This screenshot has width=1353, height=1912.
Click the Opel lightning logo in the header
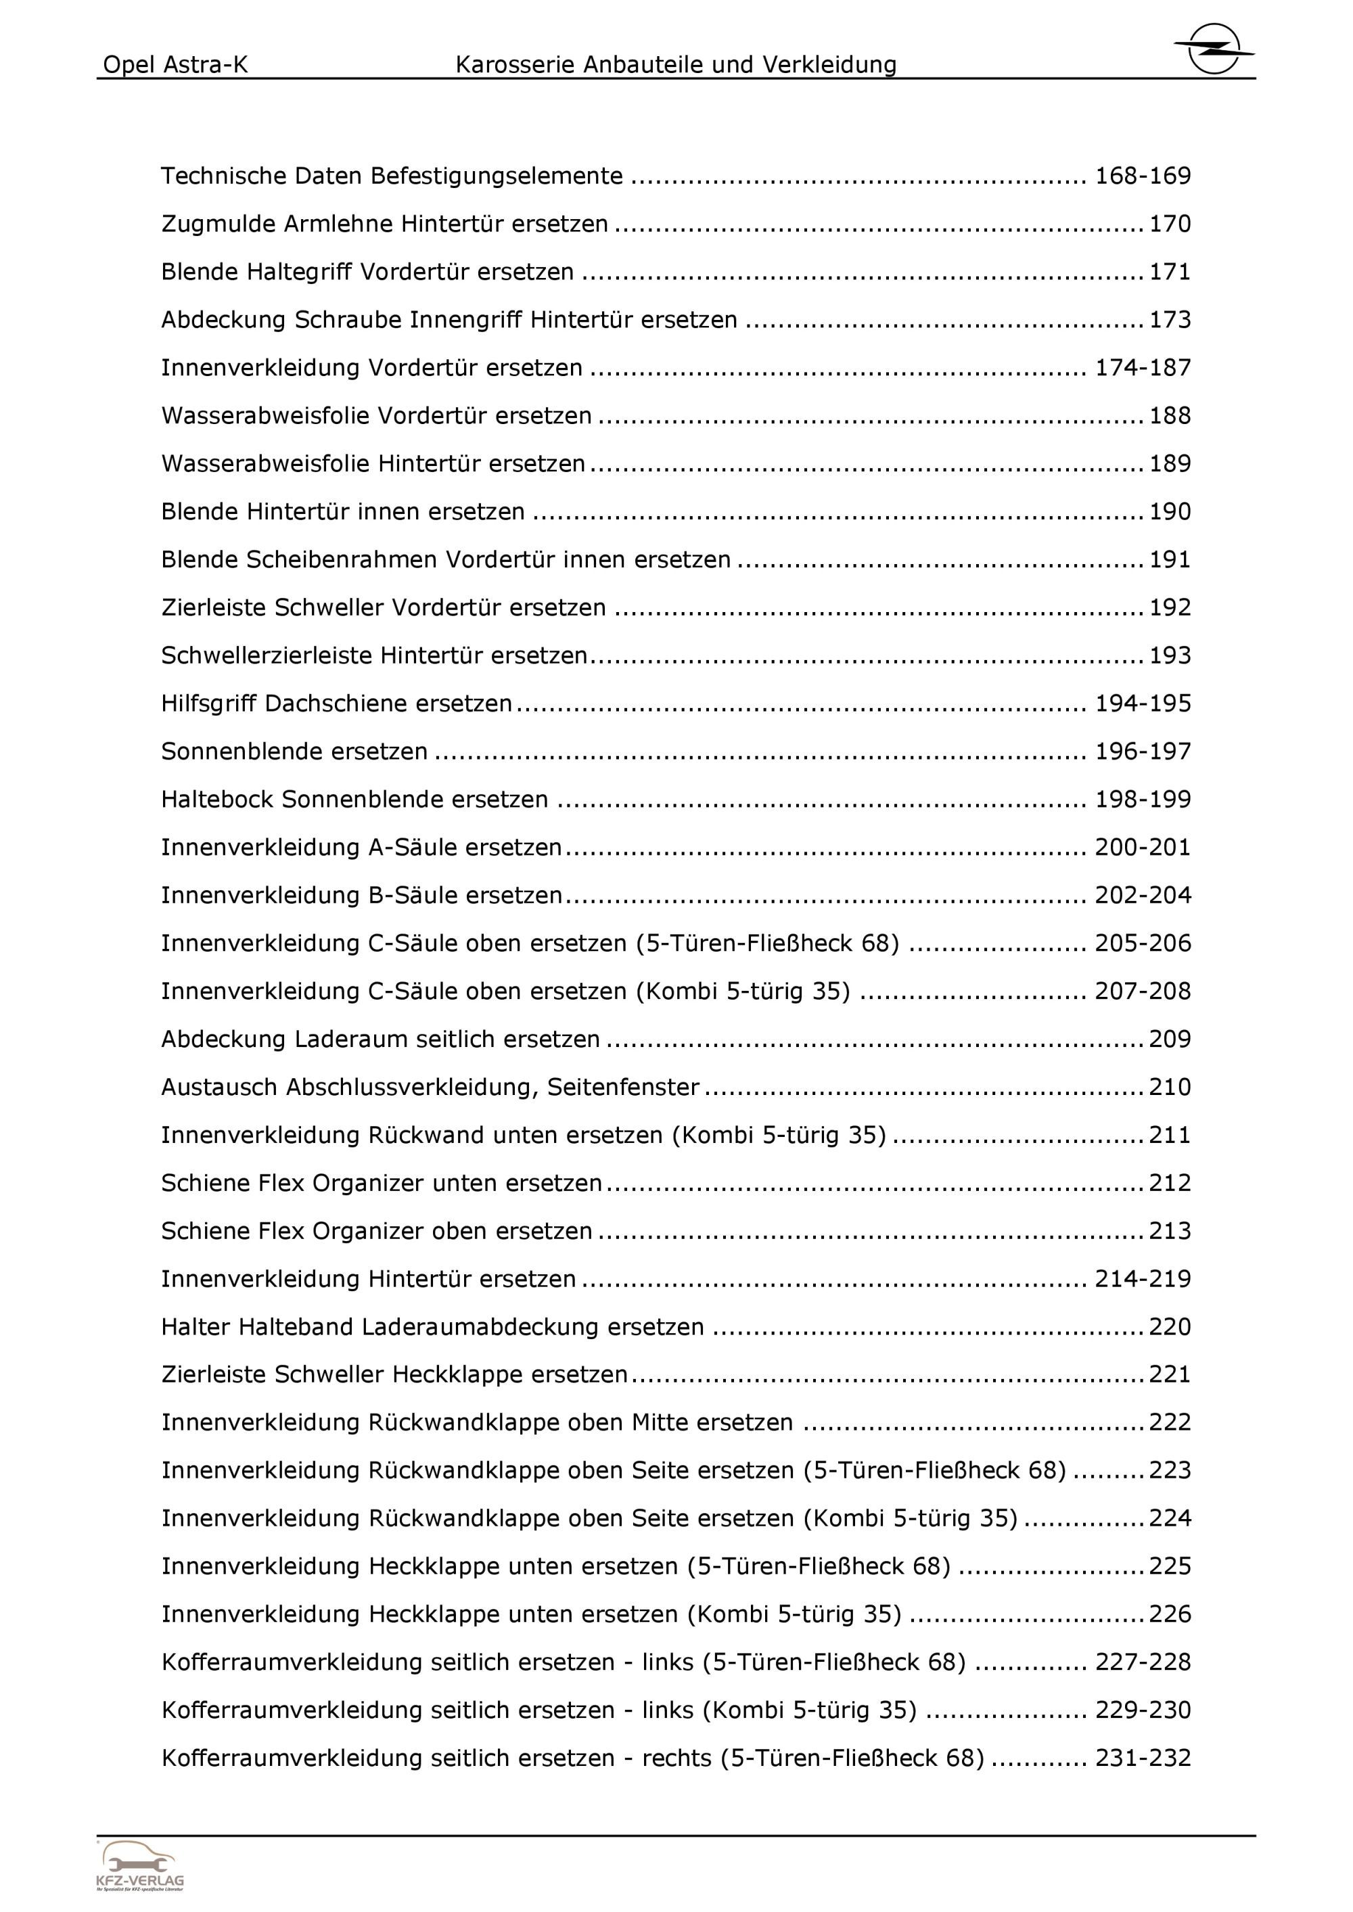coord(1214,48)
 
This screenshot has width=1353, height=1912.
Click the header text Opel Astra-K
coord(175,65)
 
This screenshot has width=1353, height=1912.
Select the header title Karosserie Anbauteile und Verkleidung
coord(676,65)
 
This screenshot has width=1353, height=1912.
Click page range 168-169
coord(1142,176)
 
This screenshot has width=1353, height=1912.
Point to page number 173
coord(1170,320)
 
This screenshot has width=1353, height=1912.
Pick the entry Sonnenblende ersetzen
coord(294,751)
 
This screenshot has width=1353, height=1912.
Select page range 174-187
coord(1142,367)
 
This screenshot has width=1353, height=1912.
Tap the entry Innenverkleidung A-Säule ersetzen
coord(361,847)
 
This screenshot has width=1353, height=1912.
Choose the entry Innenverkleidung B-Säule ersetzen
coord(361,895)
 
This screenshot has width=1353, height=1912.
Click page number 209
coord(1170,1040)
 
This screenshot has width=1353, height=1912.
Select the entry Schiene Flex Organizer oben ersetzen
coord(377,1231)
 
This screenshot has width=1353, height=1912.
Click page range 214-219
coord(1142,1279)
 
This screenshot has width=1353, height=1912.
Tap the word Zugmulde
coord(219,224)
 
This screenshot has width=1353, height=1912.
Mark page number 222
coord(1170,1423)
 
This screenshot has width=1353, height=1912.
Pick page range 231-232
coord(1142,1758)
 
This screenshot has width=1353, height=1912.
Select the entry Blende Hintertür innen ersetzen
coord(342,511)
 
